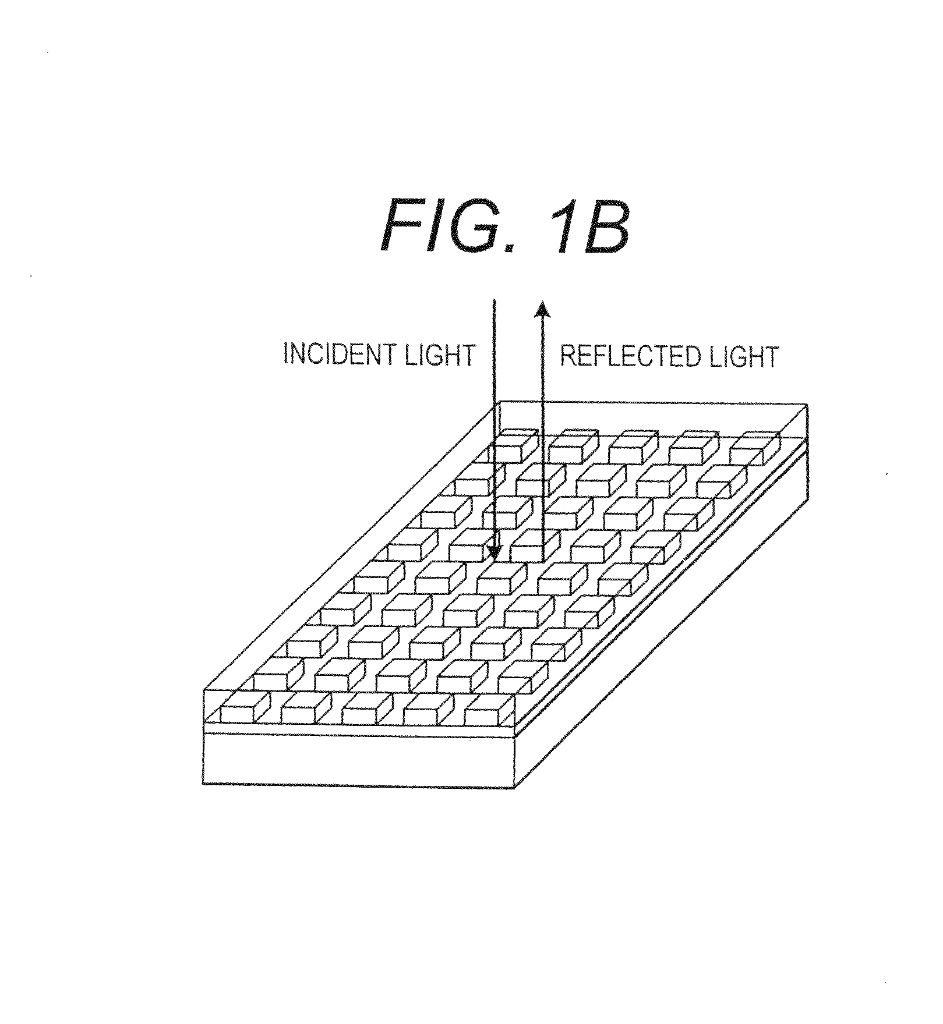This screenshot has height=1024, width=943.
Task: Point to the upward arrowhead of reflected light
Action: pos(543,308)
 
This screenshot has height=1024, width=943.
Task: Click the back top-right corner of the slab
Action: pos(807,404)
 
